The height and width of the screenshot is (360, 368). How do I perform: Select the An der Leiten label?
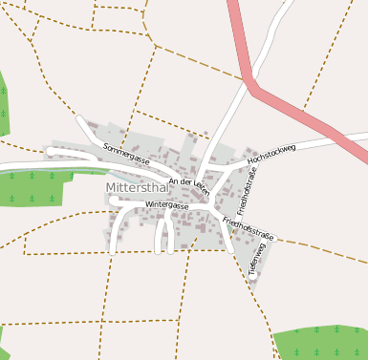pos(188,184)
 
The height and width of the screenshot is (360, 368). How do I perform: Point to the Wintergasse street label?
pos(166,204)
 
